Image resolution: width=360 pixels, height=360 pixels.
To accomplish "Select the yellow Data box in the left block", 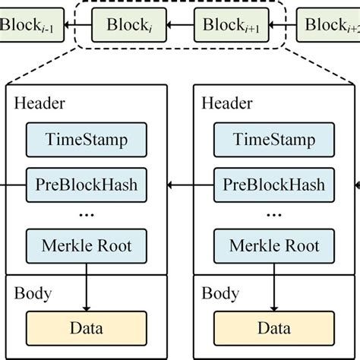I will click(x=87, y=329).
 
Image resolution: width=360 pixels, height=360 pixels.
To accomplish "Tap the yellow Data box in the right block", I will click(x=274, y=329).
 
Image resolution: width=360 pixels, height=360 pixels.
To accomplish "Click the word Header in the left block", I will click(x=39, y=103).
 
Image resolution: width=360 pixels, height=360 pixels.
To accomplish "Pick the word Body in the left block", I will click(x=33, y=292).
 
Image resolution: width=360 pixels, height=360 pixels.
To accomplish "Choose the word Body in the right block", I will click(x=221, y=292).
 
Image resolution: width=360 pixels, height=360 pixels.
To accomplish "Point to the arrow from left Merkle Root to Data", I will click(x=87, y=287).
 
